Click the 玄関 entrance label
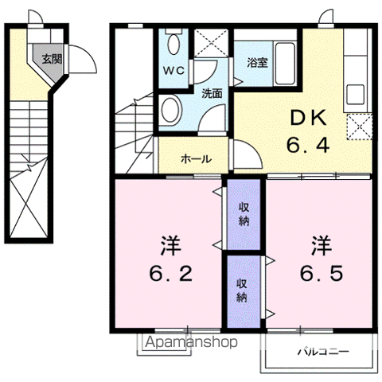[53, 58]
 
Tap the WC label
[174, 69]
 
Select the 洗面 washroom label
[211, 92]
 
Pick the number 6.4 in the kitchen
[306, 146]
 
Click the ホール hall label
[196, 159]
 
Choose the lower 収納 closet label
[241, 290]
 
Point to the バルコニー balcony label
[322, 350]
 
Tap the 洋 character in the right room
[322, 242]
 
